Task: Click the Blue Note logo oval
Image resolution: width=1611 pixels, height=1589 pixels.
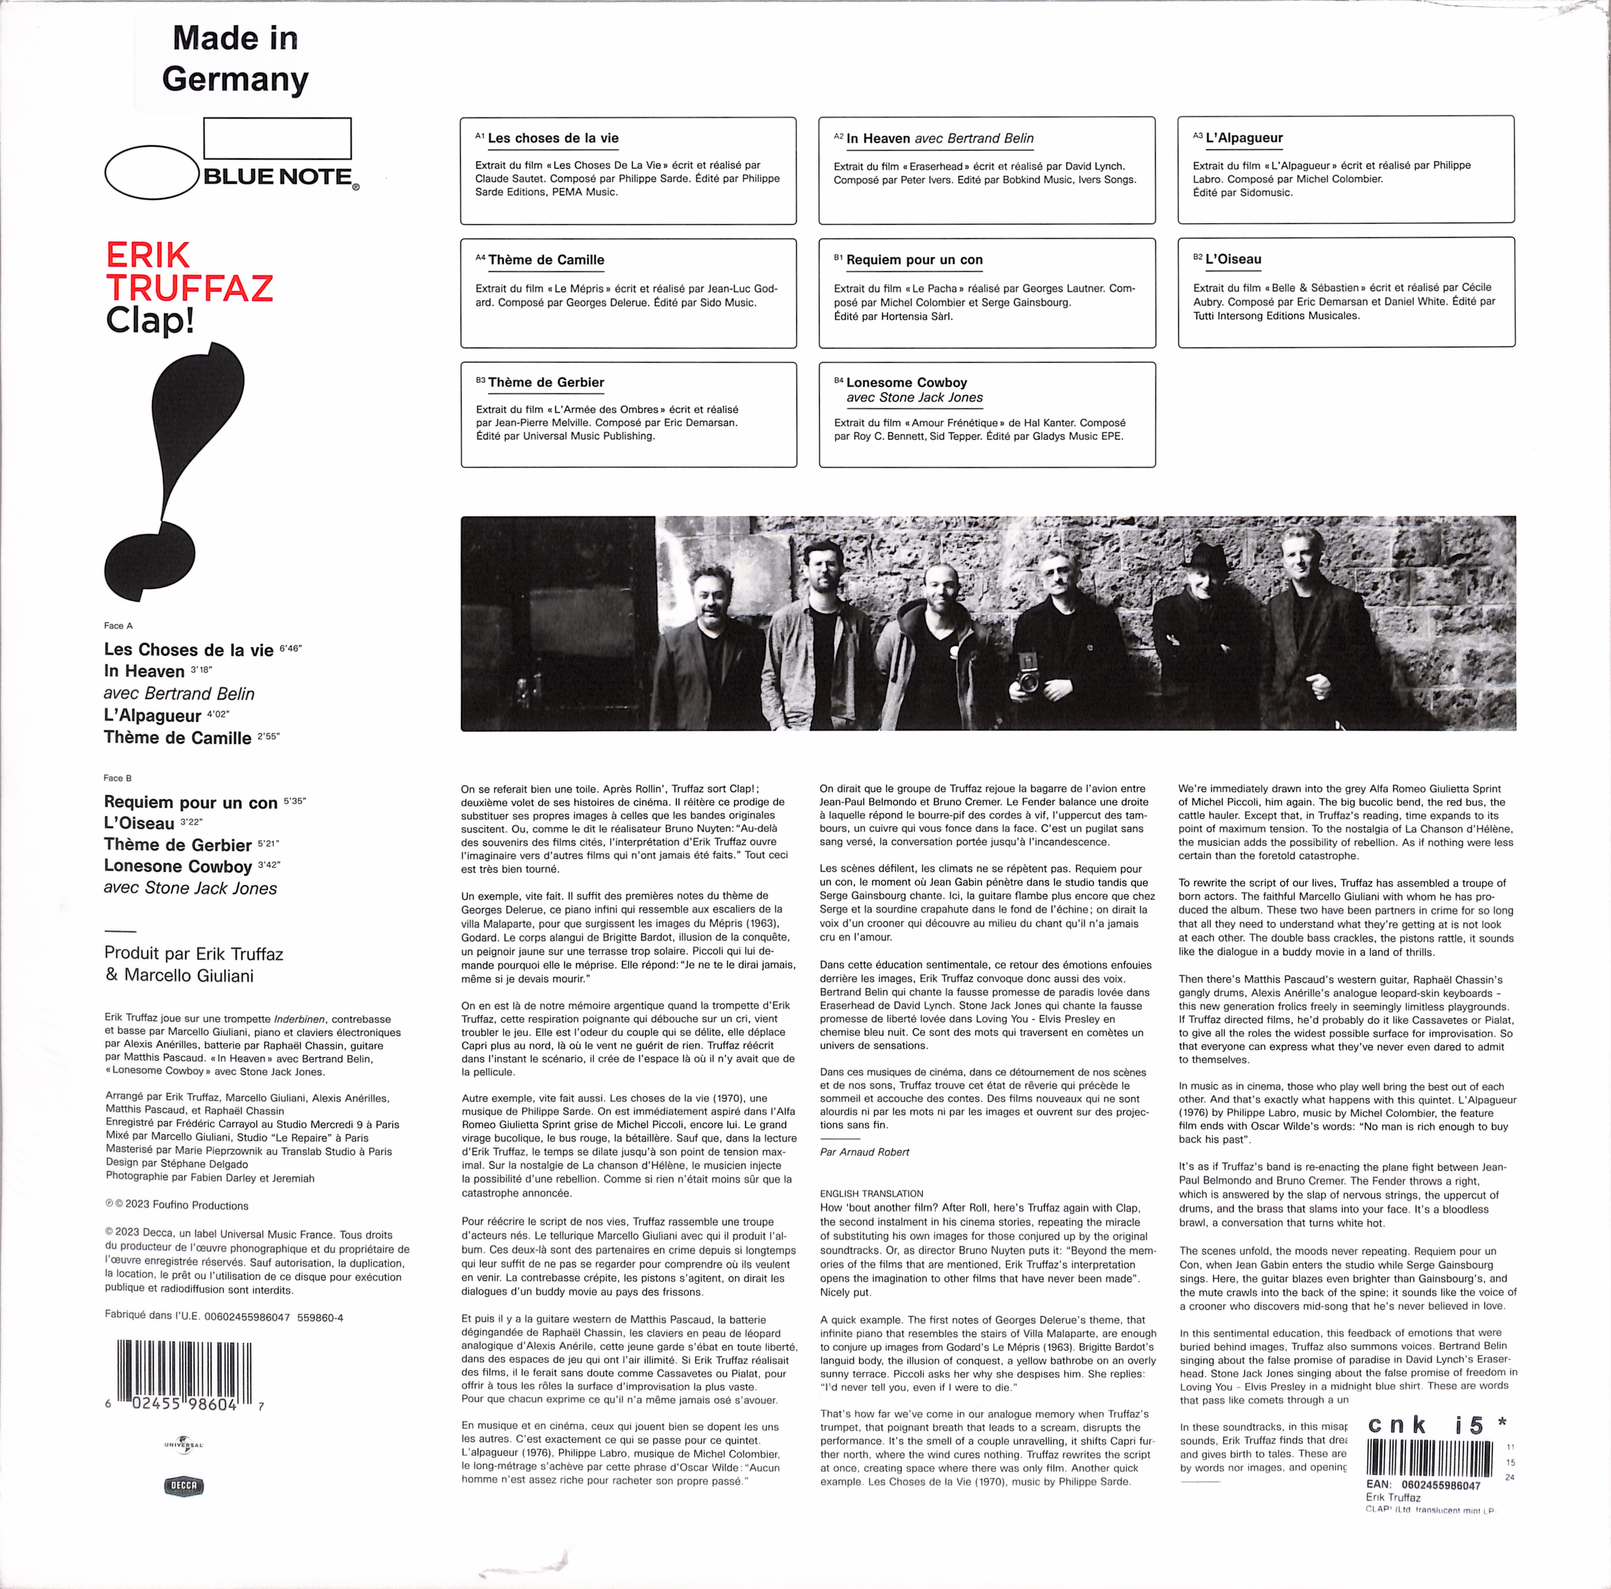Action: click(153, 173)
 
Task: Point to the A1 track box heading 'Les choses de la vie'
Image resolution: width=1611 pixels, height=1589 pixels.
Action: click(553, 138)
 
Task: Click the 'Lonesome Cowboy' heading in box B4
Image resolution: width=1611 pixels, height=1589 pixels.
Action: click(906, 383)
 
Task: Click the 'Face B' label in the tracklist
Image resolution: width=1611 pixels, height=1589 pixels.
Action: click(118, 778)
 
